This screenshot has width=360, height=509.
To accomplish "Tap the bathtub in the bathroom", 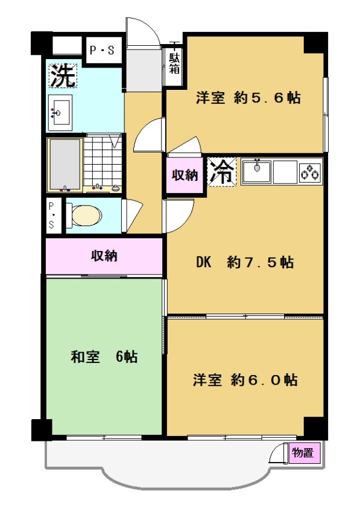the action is pos(65,163).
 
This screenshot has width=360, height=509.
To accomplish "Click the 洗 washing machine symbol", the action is pos(63,75).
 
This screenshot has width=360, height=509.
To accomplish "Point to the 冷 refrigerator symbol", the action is pos(221,172).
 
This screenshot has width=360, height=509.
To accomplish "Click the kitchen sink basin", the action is pos(257,172).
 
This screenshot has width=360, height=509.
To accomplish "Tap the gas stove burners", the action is pos(310,172).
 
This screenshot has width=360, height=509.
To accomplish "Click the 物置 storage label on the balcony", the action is pos(303,452).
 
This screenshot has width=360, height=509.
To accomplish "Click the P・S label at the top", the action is pos(102,50).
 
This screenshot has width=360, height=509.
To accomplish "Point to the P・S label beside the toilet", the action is pos(51,215).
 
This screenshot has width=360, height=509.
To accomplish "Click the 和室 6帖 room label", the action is pos(104,357).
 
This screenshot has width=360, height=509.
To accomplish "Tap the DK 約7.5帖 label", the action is pos(245,262).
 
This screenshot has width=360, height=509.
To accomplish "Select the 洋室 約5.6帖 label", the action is pos(248,98).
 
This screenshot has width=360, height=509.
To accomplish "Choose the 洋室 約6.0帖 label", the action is pos(245,380).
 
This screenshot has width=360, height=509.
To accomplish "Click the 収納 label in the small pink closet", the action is pos(185,175).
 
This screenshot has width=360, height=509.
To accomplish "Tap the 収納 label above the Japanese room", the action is pos(104,256).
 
